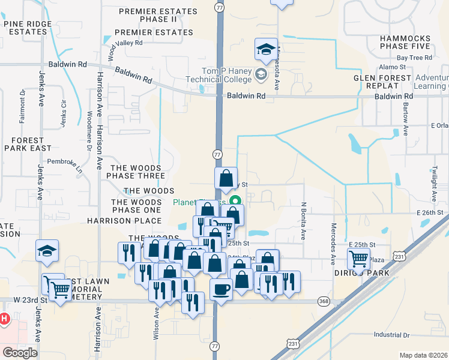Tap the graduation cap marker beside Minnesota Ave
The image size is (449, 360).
(x=265, y=50)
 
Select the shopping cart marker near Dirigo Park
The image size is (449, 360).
(x=358, y=260)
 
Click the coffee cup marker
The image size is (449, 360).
(x=221, y=290)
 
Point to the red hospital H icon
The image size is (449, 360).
(x=4, y=319)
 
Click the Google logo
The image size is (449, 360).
(x=20, y=353)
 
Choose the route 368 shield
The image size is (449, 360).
(x=324, y=301)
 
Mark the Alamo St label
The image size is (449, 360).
(x=393, y=68)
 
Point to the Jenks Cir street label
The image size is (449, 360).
(x=64, y=111)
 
